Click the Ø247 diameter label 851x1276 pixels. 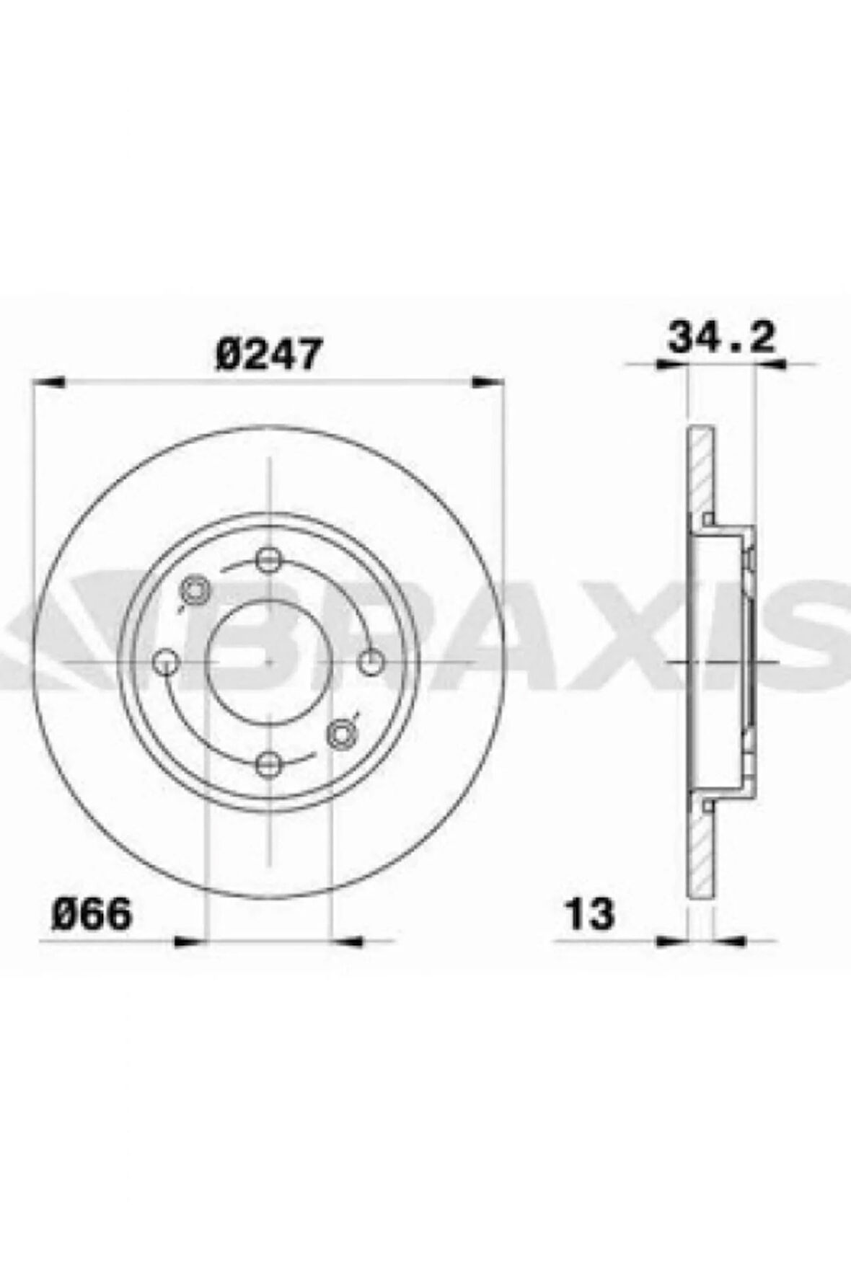[268, 355]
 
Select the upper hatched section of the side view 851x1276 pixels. [700, 472]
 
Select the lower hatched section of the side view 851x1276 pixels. [700, 851]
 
